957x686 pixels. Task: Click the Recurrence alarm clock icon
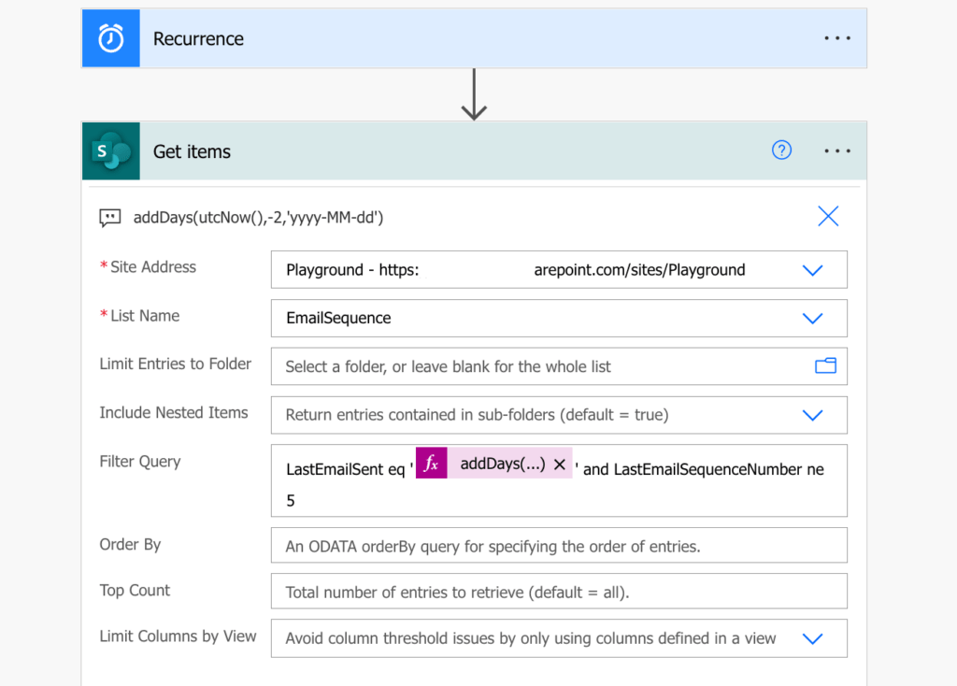tap(111, 38)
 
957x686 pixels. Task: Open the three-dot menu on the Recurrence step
tap(837, 38)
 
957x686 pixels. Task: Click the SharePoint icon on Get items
tap(111, 151)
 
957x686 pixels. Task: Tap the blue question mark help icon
tap(782, 150)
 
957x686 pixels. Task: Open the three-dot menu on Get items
tap(837, 151)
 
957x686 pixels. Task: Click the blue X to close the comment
tap(828, 217)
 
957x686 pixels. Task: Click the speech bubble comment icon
tap(110, 218)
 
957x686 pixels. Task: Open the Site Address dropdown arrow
tap(812, 270)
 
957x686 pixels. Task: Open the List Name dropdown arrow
tap(812, 318)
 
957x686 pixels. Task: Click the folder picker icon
tap(825, 366)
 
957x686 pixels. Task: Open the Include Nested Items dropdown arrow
tap(812, 415)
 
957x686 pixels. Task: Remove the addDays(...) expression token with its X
tap(560, 464)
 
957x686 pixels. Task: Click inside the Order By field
tap(558, 546)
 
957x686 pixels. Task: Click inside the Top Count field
tap(558, 591)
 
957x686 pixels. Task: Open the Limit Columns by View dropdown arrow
tap(812, 638)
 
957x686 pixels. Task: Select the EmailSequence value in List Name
tap(338, 318)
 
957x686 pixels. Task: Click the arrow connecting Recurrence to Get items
tap(474, 95)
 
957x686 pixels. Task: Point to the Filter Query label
tap(140, 462)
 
